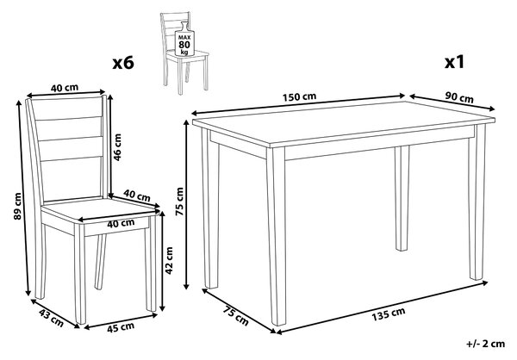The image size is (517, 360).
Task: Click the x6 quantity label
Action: (123, 63)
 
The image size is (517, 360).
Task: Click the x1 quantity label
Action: (454, 62)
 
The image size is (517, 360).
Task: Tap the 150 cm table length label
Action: (299, 97)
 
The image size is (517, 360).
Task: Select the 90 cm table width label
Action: (459, 97)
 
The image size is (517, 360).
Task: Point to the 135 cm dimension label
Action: (389, 314)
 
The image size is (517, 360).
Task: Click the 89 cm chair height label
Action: (17, 206)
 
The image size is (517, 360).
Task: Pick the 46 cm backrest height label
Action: (117, 146)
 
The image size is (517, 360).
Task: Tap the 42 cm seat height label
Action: (169, 260)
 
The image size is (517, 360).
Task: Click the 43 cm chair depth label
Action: (51, 318)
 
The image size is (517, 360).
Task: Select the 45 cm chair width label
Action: (121, 327)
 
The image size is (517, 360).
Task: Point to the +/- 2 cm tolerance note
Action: (485, 344)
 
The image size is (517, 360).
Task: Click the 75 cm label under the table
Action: (236, 316)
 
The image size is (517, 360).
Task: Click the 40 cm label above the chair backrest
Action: (65, 88)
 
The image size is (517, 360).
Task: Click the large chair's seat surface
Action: (99, 209)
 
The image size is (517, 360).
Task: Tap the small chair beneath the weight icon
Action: (184, 53)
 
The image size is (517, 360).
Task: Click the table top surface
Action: (343, 122)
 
